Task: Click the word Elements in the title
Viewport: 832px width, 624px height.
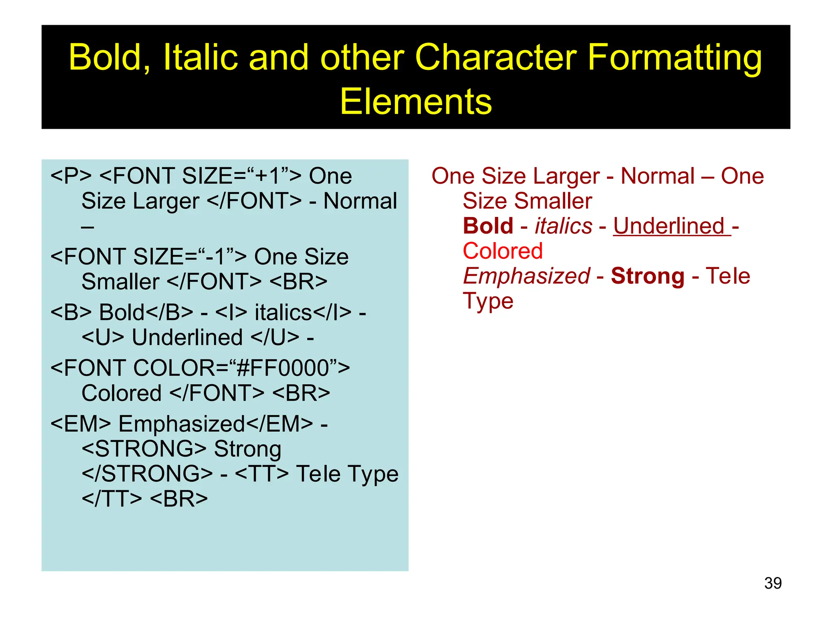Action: click(x=416, y=102)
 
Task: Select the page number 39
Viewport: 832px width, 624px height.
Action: click(x=773, y=583)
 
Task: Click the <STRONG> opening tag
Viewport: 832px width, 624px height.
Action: click(x=144, y=449)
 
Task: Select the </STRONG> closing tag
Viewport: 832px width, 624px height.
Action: click(x=147, y=474)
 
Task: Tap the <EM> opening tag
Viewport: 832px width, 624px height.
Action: click(x=80, y=424)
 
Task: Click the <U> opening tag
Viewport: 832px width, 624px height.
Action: click(x=103, y=338)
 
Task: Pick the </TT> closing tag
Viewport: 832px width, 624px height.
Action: click(x=112, y=499)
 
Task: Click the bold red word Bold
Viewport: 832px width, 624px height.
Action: click(x=488, y=226)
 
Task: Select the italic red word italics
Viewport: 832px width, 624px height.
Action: click(x=563, y=226)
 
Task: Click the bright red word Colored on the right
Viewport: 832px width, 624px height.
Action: click(x=503, y=251)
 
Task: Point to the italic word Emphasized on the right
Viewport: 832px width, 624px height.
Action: click(x=526, y=276)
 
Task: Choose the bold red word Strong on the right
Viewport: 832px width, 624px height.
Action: click(x=648, y=276)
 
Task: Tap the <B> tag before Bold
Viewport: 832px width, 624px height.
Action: click(x=71, y=312)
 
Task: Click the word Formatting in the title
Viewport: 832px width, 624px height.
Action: click(x=674, y=57)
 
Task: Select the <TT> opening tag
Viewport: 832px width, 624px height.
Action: click(x=262, y=474)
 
